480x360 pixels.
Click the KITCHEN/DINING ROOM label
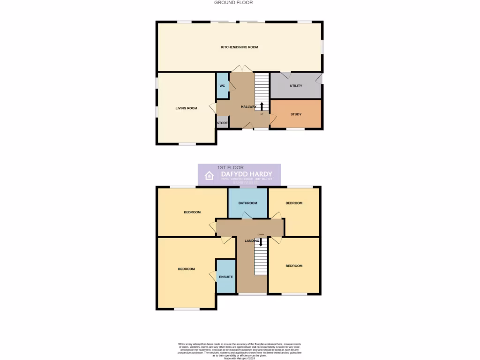click(240, 47)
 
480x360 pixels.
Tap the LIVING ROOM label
click(186, 108)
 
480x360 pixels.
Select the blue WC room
click(222, 86)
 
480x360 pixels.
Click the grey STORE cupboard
click(222, 123)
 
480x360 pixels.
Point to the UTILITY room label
click(296, 86)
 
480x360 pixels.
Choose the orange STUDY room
click(296, 114)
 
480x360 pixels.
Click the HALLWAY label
click(249, 107)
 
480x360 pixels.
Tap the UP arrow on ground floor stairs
click(262, 106)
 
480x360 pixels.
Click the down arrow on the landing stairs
click(261, 242)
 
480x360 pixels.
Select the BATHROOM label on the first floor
click(247, 203)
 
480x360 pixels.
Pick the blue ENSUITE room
click(225, 277)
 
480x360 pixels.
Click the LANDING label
click(252, 241)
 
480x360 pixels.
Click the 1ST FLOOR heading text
click(230, 167)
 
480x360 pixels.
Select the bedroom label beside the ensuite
click(186, 269)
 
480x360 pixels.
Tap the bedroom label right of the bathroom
click(294, 203)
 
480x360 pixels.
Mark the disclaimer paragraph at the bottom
click(240, 351)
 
